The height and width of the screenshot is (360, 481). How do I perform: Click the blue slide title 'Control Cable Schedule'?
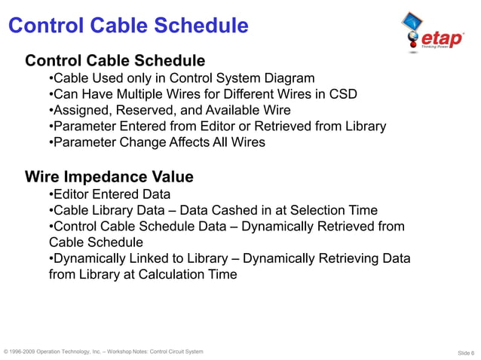(x=128, y=26)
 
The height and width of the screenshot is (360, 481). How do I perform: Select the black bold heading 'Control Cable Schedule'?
(x=115, y=60)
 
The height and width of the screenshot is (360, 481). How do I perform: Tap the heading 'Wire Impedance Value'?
(x=109, y=177)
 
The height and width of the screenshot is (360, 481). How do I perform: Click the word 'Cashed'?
(x=276, y=210)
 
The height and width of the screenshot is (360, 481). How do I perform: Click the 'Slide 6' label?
(x=466, y=352)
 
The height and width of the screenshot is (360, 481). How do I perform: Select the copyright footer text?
(x=103, y=352)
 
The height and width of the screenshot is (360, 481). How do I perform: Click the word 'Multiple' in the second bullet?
(x=136, y=94)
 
